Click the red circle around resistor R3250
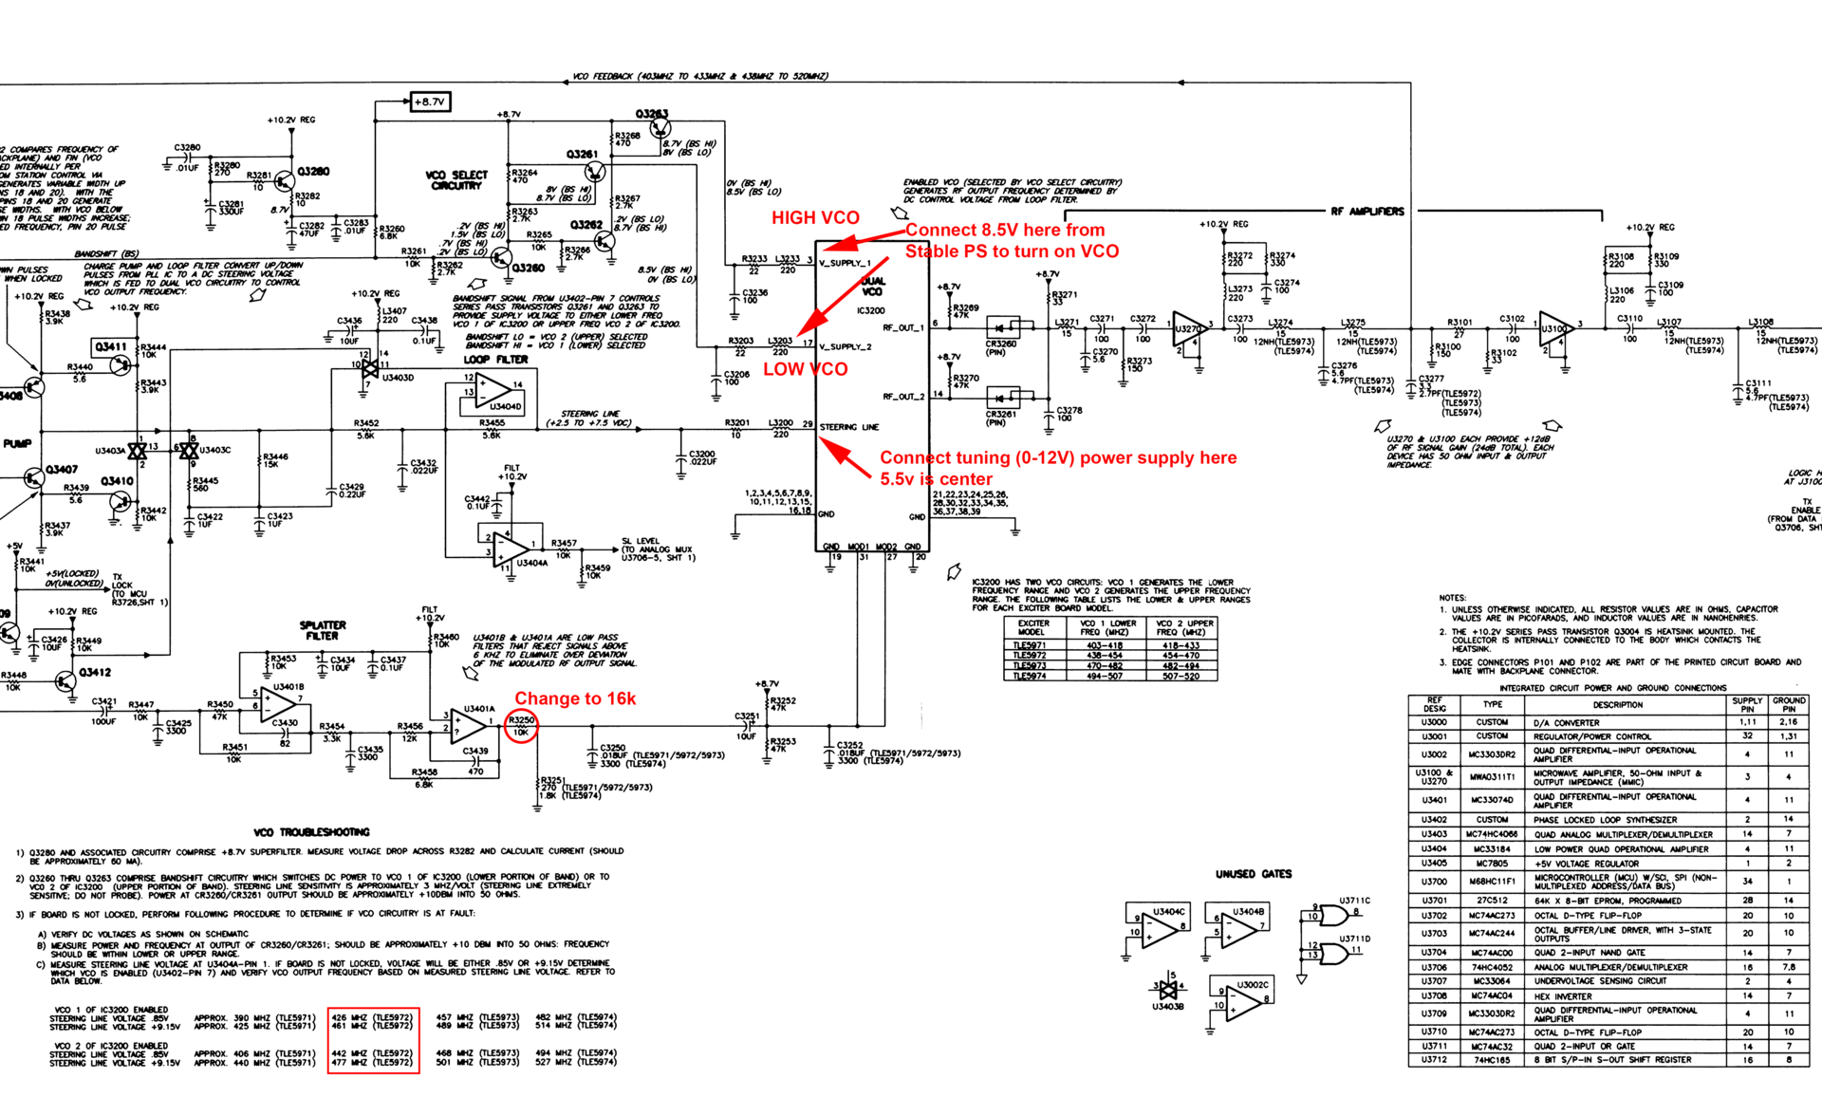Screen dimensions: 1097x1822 (521, 726)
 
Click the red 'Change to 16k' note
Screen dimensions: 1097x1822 (575, 698)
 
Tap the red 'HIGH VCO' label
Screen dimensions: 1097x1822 (815, 217)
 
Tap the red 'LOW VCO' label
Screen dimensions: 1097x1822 (805, 369)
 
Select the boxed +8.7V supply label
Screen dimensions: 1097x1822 (429, 102)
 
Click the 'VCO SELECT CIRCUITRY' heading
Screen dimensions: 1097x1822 (456, 180)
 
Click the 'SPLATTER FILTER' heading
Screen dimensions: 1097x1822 (323, 630)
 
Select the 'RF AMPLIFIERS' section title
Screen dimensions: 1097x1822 (1366, 212)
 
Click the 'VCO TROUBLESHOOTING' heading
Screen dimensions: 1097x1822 (311, 832)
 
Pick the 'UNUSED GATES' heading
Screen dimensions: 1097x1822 (1254, 874)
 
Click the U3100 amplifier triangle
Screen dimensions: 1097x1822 (1553, 328)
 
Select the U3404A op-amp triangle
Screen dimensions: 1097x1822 (509, 548)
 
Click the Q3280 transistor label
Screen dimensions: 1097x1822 (313, 172)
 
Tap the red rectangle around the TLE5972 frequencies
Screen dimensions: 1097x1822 (373, 1040)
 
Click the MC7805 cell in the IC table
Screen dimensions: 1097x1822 (1492, 864)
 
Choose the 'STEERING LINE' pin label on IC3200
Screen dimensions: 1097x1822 (849, 427)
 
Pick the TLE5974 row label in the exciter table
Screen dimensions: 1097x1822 (1030, 677)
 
